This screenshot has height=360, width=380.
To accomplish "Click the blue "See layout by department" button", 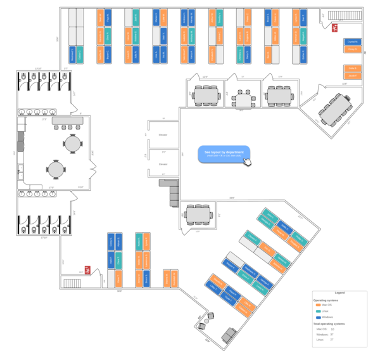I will (224, 153).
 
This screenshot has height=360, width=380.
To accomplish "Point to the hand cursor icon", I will (248, 162).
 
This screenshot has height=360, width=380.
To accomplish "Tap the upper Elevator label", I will (163, 135).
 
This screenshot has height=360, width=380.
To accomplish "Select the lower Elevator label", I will (163, 164).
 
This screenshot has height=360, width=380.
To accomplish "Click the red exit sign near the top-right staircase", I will (334, 28).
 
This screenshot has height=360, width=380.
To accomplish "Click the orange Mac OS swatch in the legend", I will (318, 305).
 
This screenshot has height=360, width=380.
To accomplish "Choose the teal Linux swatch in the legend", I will (318, 311).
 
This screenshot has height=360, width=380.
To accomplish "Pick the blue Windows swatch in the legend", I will (318, 317).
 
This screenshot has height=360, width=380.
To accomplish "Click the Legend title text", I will (339, 293).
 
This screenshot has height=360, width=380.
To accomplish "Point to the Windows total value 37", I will (332, 335).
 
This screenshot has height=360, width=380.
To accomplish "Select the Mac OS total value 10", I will (332, 329).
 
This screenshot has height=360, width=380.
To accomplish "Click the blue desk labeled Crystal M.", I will (352, 42).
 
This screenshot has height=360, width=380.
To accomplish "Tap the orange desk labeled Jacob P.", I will (352, 75).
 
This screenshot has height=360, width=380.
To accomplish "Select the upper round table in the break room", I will (72, 144).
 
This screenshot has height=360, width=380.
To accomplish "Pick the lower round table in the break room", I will (56, 169).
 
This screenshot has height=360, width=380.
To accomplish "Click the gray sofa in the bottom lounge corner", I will (229, 334).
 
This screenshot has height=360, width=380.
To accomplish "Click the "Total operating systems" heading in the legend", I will (329, 323).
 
